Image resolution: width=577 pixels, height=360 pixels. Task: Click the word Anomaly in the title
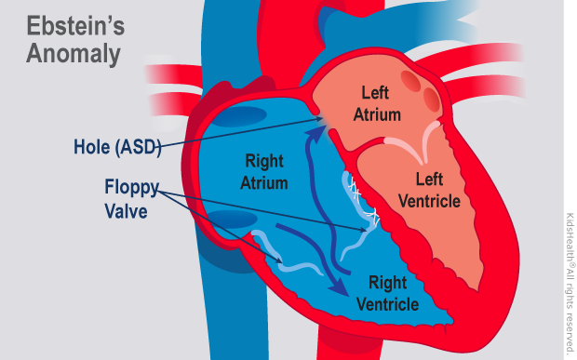coord(74,54)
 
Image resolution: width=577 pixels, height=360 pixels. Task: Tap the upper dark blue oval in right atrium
coord(241,119)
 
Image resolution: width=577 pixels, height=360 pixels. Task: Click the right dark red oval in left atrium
coord(431,96)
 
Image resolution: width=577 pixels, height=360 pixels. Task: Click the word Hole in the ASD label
coord(94,146)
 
